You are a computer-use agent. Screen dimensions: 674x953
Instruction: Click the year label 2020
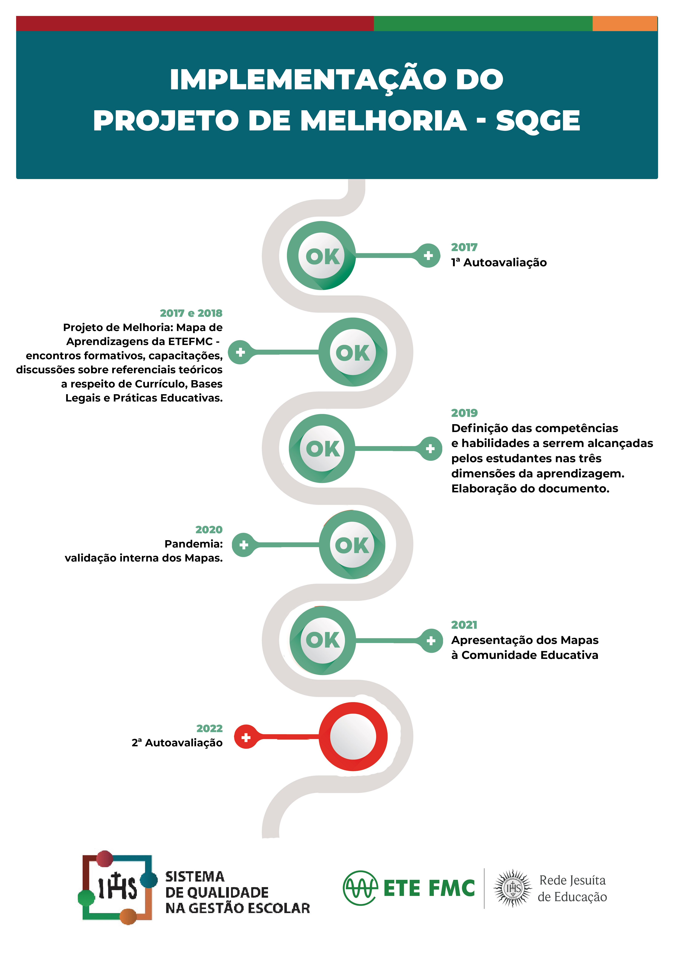click(209, 530)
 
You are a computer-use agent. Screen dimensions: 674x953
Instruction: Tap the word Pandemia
click(193, 544)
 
